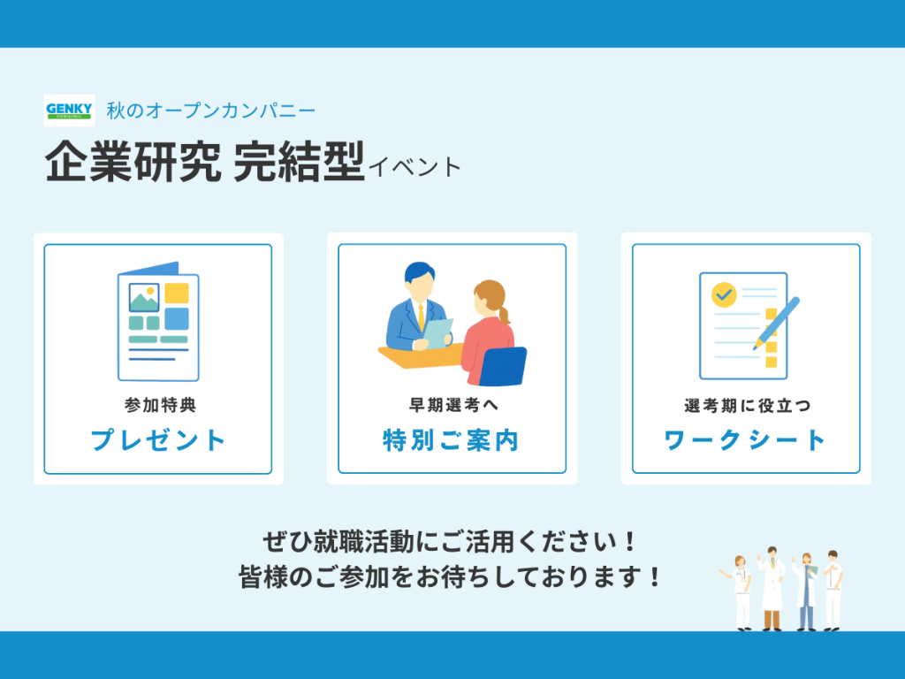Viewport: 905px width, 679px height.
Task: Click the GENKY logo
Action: click(x=69, y=111)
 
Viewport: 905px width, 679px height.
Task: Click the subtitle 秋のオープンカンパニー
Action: click(x=210, y=111)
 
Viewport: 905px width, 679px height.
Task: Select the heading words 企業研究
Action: click(x=133, y=162)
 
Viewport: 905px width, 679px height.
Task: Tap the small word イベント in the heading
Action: click(x=414, y=167)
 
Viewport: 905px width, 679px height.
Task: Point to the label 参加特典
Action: click(x=161, y=405)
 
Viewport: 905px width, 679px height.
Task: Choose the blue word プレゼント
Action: click(x=158, y=440)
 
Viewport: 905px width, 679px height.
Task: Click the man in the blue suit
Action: click(x=417, y=309)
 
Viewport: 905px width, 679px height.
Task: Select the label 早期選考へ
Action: click(x=453, y=405)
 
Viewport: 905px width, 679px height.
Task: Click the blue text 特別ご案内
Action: click(x=451, y=440)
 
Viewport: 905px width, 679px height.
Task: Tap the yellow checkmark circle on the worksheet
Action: click(x=724, y=294)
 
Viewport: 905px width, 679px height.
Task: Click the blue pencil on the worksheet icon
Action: click(x=776, y=324)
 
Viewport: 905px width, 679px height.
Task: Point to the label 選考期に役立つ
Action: click(x=748, y=406)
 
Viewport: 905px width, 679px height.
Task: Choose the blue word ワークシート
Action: click(x=745, y=440)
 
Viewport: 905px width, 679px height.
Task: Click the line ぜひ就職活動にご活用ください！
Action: click(x=450, y=542)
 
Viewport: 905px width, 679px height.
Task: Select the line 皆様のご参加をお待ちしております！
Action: click(x=450, y=576)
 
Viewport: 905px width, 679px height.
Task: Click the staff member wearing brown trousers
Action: click(x=771, y=588)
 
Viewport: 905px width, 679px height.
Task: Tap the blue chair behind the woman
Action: click(x=503, y=366)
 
